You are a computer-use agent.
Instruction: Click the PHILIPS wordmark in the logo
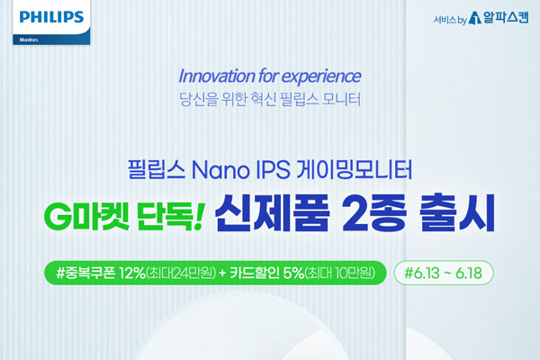coord(51,17)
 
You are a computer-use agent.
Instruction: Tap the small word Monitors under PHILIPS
coord(29,40)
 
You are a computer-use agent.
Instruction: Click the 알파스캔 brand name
coord(506,17)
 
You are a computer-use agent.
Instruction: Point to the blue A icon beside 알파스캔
coord(475,18)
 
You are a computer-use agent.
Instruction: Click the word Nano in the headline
coord(220,170)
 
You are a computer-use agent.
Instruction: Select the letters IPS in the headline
coord(273,170)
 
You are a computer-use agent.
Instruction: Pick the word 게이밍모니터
coord(355,169)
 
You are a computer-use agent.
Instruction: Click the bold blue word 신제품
coord(273,213)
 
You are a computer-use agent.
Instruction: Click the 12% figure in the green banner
coord(132,274)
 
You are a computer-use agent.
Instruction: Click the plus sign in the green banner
coord(223,274)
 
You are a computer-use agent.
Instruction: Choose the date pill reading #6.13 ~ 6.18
coord(444,273)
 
